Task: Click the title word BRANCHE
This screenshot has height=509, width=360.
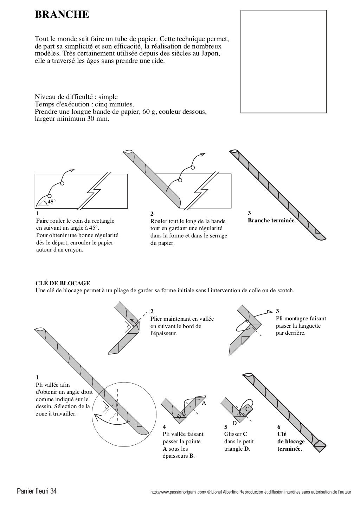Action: pos(62,15)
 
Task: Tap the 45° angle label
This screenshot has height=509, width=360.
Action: pos(52,202)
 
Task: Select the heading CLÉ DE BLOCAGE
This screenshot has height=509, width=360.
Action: pos(63,283)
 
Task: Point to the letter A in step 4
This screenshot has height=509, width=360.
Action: pos(204,403)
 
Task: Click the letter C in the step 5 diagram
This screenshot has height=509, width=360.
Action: pos(247,409)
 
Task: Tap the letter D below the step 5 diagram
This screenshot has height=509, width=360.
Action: pos(234,423)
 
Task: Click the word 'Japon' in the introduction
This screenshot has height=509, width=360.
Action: pos(211,53)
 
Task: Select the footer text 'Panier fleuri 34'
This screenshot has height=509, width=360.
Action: pos(34,491)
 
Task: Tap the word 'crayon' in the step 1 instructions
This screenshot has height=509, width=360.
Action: pos(74,250)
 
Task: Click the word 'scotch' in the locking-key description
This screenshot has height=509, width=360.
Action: pos(285,291)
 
